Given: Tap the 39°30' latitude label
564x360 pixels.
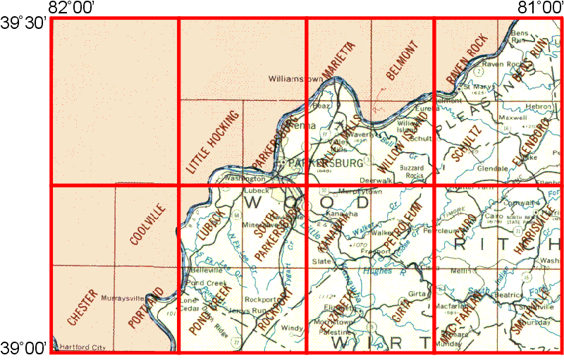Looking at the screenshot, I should (x=23, y=23).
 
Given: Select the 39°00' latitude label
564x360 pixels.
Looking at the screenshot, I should (x=23, y=347).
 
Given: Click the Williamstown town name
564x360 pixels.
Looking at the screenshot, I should (x=296, y=79).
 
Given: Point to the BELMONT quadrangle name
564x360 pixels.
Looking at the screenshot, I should (x=403, y=60).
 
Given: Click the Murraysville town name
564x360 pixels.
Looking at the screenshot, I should (x=123, y=298).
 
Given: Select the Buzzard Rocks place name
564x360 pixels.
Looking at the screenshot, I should (x=412, y=172).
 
